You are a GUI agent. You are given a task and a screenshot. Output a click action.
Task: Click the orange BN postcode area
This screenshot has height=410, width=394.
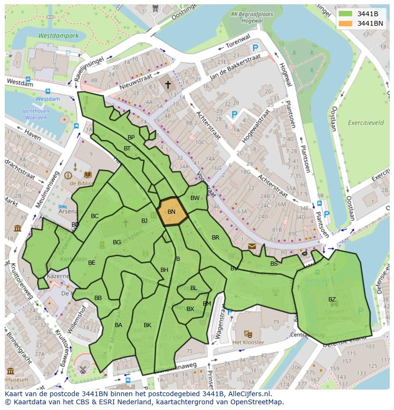pyautogui.click(x=172, y=212)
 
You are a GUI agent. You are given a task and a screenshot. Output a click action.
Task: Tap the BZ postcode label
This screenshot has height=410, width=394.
pyautogui.click(x=332, y=300)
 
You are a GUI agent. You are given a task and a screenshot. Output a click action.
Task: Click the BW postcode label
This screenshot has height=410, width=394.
pyautogui.click(x=195, y=198)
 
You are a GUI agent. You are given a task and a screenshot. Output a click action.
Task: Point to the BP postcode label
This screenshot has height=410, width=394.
pyautogui.click(x=131, y=137)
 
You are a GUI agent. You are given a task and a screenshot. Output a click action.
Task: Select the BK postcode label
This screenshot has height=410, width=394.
pyautogui.click(x=148, y=325)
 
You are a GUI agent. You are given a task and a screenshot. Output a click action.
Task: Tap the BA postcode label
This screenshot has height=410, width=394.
pyautogui.click(x=118, y=325)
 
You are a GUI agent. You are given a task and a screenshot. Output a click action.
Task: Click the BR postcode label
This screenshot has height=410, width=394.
pyautogui.click(x=216, y=237)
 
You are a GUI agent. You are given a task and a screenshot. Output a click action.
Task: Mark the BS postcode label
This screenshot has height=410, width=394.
pyautogui.click(x=274, y=263)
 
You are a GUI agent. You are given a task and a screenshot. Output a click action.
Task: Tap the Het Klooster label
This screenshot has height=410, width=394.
pyautogui.click(x=248, y=342)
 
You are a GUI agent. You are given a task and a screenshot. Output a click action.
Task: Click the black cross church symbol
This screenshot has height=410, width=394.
pyautogui.click(x=167, y=85)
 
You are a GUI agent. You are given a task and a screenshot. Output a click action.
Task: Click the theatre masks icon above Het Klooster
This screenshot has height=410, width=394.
pyautogui.click(x=247, y=334)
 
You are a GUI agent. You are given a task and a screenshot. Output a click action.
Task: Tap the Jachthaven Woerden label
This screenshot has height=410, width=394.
pyautogui.click(x=34, y=114)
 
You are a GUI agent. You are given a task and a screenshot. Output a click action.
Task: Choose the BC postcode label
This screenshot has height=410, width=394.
pyautogui.click(x=95, y=216)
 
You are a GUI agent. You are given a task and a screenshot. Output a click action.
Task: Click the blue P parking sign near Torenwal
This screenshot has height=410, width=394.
pyautogui.click(x=256, y=48)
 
